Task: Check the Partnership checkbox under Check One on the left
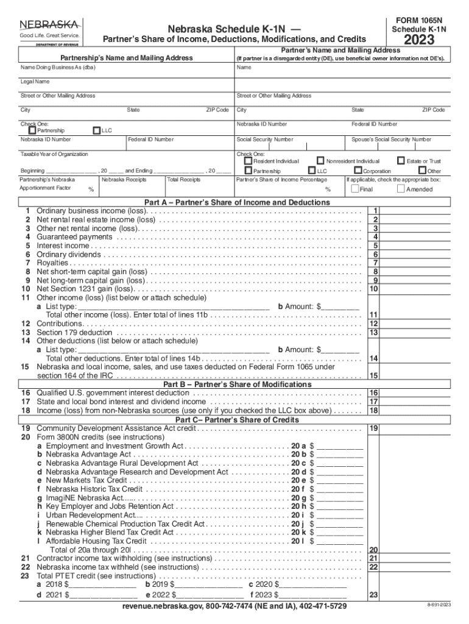point(32,130)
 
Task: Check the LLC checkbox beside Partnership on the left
point(96,130)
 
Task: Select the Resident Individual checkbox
point(248,161)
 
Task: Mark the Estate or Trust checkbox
point(401,161)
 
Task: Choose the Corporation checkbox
point(358,171)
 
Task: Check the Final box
point(355,189)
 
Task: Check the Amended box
point(400,189)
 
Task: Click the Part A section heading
point(237,202)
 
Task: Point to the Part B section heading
point(237,385)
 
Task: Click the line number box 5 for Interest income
point(376,246)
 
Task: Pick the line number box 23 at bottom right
point(374,595)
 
